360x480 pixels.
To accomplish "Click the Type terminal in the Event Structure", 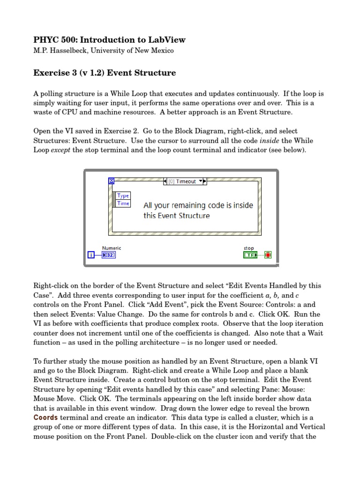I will coord(123,196).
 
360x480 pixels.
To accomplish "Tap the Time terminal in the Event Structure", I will coord(123,203).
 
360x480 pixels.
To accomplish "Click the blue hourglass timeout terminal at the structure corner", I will coord(112,181).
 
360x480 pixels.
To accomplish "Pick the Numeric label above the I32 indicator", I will coord(112,248).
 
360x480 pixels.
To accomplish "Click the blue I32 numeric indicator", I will coord(109,255).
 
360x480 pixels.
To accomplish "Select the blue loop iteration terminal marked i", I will coord(91,255).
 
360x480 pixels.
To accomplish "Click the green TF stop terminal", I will coord(252,255).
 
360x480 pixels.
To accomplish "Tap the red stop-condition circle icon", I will coord(268,255).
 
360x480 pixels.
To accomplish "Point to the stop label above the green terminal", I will coord(248,248).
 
